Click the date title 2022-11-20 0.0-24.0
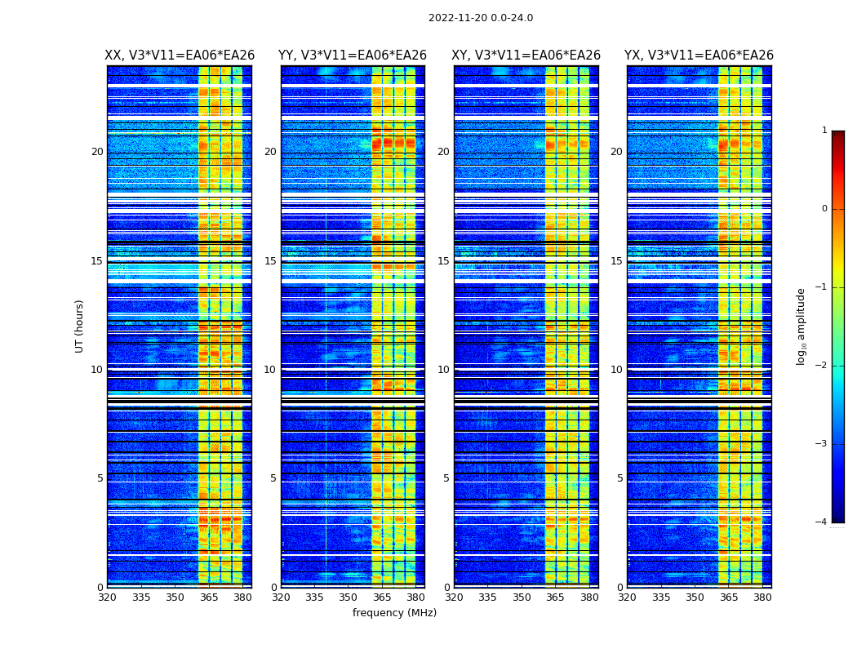coord(480,18)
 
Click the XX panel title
coord(180,56)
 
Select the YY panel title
coord(353,56)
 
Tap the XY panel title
coord(526,56)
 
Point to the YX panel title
coord(699,56)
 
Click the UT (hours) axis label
coord(80,326)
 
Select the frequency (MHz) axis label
coord(394,613)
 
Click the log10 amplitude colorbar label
coord(801,326)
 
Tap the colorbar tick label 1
coord(824,131)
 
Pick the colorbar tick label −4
coord(822,522)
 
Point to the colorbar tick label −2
coord(822,366)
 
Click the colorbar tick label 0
coord(824,209)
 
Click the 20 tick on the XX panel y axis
coord(97,152)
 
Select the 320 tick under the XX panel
coord(107,597)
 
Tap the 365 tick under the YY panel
coord(382,597)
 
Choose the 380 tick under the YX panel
coord(762,597)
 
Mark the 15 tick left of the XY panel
coord(443,261)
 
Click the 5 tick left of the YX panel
coord(620,478)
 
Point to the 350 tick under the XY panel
coord(522,597)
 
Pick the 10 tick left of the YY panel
coord(270,370)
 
